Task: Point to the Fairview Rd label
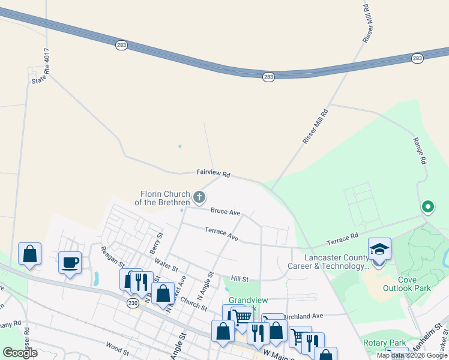coord(213,173)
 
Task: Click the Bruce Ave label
coord(225,212)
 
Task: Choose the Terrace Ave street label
coord(221,233)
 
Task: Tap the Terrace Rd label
coord(342,239)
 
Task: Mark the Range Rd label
coord(420,151)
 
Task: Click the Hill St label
coord(240,279)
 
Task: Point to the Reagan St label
coord(112,257)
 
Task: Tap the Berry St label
coord(157,243)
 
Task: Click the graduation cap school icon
coord(379,248)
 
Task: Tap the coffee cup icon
coord(70,262)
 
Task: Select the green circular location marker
coord(427,208)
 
